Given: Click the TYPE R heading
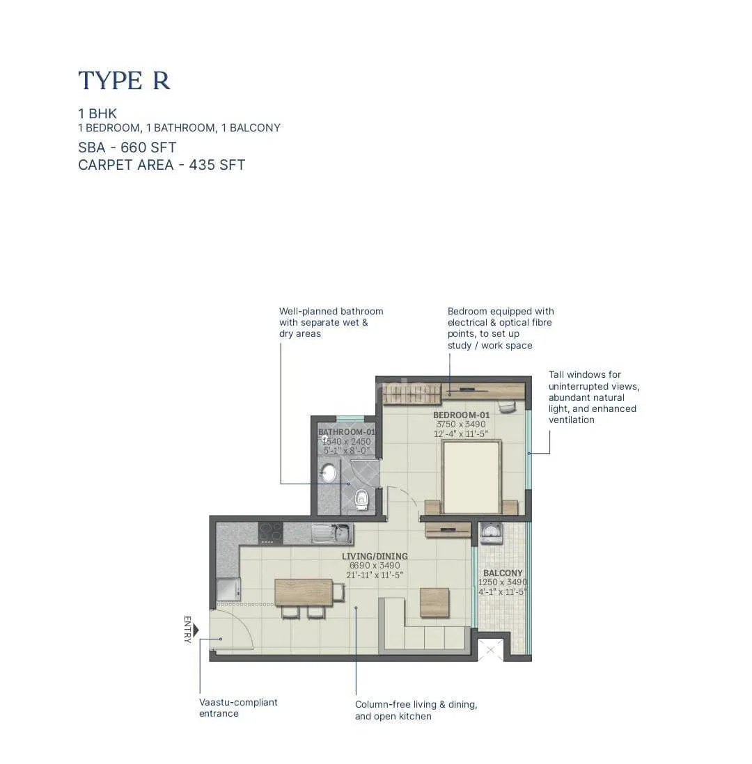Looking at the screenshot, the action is [x=124, y=81].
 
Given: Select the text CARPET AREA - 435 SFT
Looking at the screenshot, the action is [x=162, y=165].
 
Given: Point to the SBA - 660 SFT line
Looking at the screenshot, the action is [x=127, y=147].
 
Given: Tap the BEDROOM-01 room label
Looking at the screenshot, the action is [x=462, y=415].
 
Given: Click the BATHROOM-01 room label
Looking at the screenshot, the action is [x=346, y=432].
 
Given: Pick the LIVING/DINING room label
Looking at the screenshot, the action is [x=375, y=556].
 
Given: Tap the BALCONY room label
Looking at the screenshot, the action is [x=503, y=573].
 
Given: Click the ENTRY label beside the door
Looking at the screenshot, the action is [x=188, y=630].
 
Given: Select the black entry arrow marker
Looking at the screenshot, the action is [x=196, y=630].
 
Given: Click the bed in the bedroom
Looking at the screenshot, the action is [x=471, y=477].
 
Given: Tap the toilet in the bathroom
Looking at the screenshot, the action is [x=361, y=499].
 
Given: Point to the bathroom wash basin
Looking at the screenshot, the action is [x=328, y=472].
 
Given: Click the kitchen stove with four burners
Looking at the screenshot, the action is [x=270, y=533].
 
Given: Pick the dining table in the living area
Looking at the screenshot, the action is [x=304, y=592].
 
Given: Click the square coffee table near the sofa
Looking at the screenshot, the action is [x=434, y=603].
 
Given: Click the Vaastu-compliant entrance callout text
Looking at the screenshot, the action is [x=238, y=708].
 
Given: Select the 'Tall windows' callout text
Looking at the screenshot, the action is [x=593, y=397].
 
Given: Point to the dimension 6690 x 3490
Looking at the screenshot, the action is [x=375, y=566].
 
